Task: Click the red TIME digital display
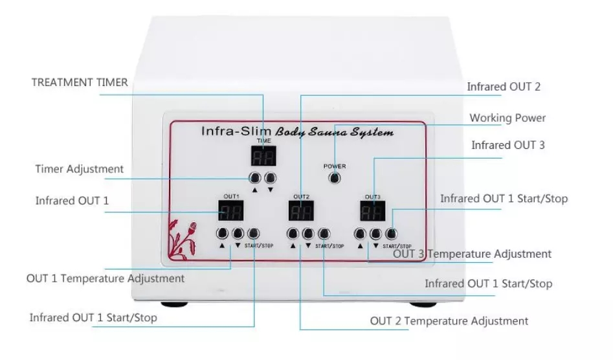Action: click(x=264, y=156)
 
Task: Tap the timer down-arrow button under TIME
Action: click(x=270, y=178)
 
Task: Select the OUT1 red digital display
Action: click(x=230, y=210)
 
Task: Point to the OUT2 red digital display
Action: click(x=301, y=210)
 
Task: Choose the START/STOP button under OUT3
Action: click(x=390, y=232)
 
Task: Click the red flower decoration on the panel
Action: click(x=183, y=240)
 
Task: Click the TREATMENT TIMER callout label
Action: click(x=80, y=82)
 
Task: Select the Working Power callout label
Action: click(x=507, y=118)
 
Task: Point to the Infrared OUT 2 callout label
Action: click(x=504, y=86)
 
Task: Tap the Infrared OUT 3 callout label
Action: click(x=508, y=145)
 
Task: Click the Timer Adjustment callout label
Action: click(x=79, y=169)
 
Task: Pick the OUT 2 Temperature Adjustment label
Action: click(x=449, y=321)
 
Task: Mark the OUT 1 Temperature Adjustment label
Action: click(x=106, y=278)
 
